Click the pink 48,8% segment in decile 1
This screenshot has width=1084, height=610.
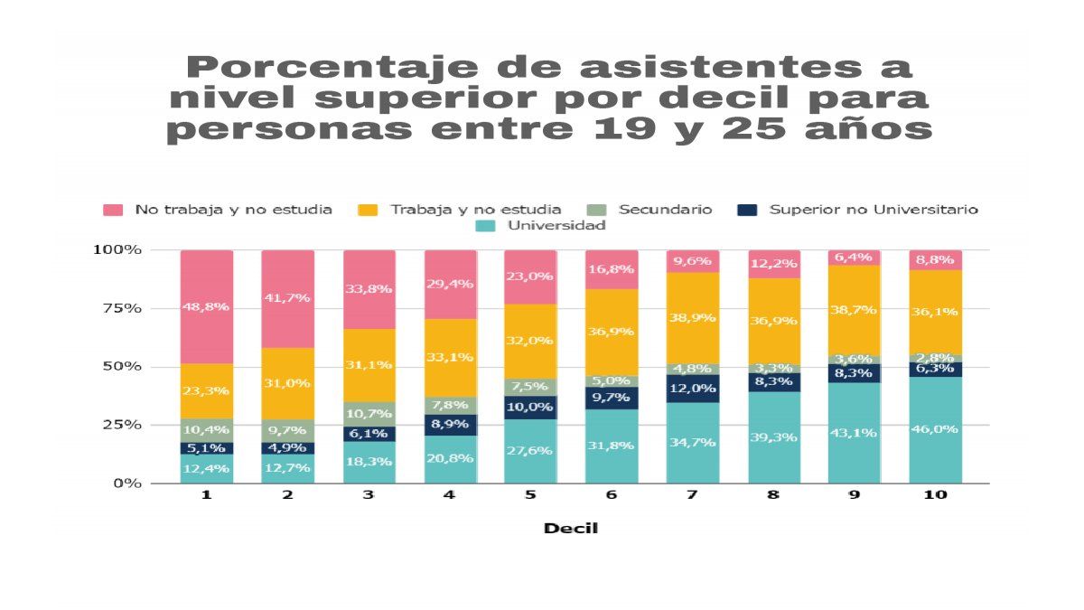(207, 307)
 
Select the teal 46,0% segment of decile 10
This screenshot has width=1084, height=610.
(935, 430)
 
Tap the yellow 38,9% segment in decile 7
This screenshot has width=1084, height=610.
(693, 318)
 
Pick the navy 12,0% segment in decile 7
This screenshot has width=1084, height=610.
(693, 389)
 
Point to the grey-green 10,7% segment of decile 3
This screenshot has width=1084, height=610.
(369, 414)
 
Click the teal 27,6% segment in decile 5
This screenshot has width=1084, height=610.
(531, 451)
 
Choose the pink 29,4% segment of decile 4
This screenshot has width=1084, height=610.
(450, 284)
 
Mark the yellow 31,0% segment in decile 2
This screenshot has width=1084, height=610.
(288, 383)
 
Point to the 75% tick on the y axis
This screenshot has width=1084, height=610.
(121, 308)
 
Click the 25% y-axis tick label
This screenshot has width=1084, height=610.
(121, 425)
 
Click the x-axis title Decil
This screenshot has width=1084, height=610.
(570, 529)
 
